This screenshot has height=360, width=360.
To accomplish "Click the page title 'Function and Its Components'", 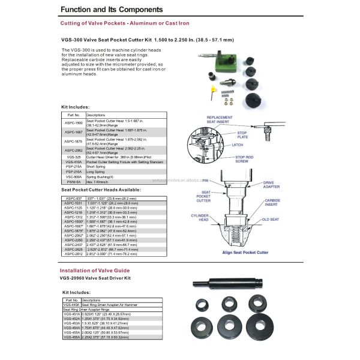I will pyautogui.click(x=112, y=10).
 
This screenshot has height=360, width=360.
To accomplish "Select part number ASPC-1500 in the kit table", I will pyautogui.click(x=74, y=122).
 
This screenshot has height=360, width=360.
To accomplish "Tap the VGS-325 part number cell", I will pyautogui.click(x=74, y=156).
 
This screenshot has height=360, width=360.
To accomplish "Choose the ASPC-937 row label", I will pyautogui.click(x=74, y=199).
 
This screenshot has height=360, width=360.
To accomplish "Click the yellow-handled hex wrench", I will pyautogui.click(x=214, y=90).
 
